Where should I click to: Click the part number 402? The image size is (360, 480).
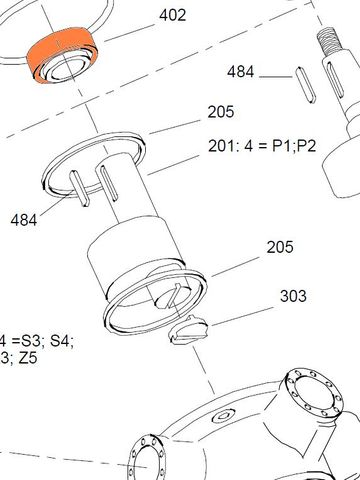pos(172,17)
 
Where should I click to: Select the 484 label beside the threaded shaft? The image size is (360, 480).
pos(241,72)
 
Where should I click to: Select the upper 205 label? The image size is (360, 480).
pos(221,112)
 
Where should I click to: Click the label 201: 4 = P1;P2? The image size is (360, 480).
pos(262,146)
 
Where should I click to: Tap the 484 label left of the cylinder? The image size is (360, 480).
pos(25,219)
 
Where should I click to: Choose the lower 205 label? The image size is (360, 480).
pos(280,247)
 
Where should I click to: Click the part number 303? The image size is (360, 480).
pos(293,296)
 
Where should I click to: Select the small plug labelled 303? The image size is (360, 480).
pos(186,329)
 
